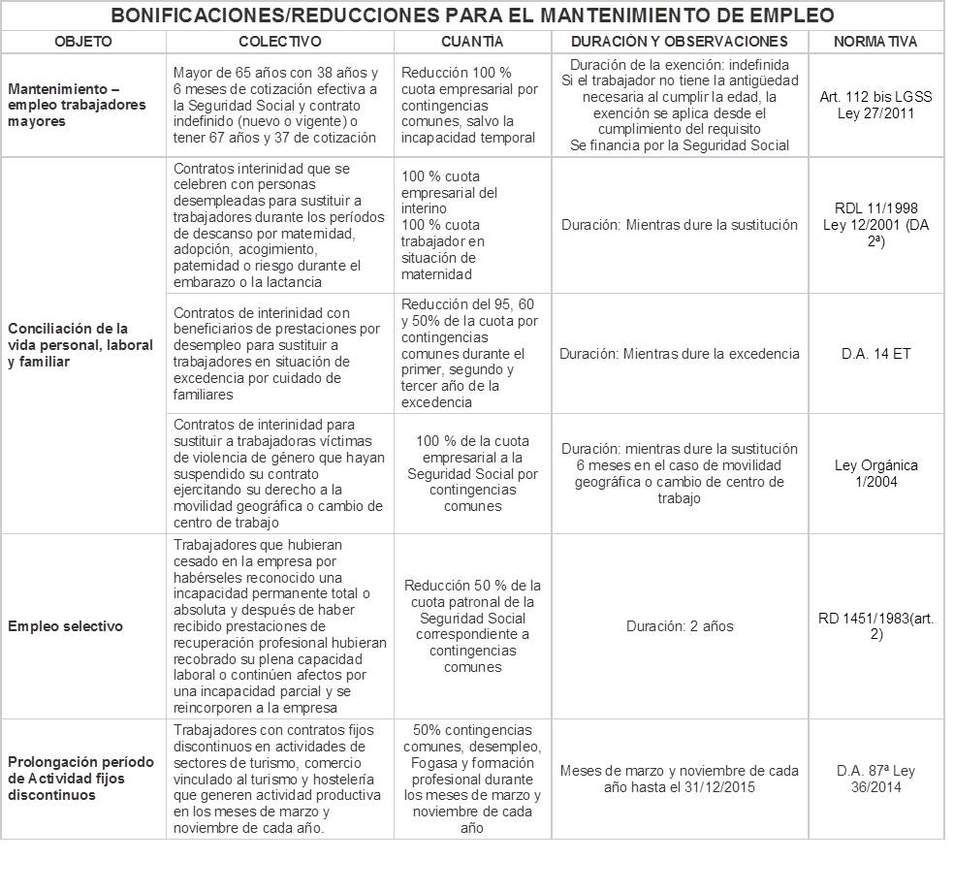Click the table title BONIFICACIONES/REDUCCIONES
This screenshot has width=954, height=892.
pyautogui.click(x=471, y=16)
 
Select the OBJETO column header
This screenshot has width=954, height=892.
pyautogui.click(x=83, y=42)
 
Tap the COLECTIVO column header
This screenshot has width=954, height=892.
pyautogui.click(x=279, y=42)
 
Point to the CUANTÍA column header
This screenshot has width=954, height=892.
pyautogui.click(x=471, y=42)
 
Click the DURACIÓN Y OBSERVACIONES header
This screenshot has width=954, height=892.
pyautogui.click(x=679, y=42)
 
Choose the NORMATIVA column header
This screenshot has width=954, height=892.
pyautogui.click(x=875, y=42)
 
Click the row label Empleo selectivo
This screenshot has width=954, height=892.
pyautogui.click(x=65, y=626)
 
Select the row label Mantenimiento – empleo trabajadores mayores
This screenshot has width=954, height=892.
pyautogui.click(x=77, y=106)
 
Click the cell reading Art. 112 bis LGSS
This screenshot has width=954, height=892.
pyautogui.click(x=875, y=106)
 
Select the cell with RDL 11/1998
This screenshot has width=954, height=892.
pyautogui.click(x=875, y=225)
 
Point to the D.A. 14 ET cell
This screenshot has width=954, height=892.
pyautogui.click(x=875, y=354)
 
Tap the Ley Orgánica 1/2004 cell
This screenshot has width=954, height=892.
pyautogui.click(x=875, y=473)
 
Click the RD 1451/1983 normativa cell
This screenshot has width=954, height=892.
pyautogui.click(x=875, y=626)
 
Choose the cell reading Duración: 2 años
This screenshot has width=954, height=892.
pyautogui.click(x=679, y=626)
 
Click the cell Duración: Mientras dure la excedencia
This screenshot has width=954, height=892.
pyautogui.click(x=679, y=354)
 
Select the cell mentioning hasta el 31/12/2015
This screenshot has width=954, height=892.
pyautogui.click(x=679, y=780)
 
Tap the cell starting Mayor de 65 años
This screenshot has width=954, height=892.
pyautogui.click(x=279, y=106)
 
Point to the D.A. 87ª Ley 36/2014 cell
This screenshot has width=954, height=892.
pyautogui.click(x=875, y=780)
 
